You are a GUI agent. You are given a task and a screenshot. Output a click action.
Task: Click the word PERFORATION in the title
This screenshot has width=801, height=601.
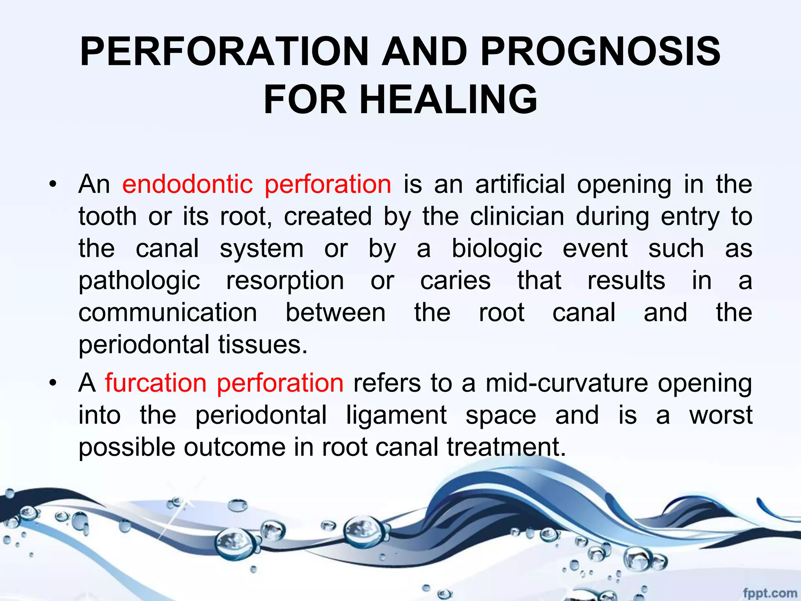(224, 51)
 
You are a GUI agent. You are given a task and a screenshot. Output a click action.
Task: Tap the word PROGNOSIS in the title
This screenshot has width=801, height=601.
(600, 51)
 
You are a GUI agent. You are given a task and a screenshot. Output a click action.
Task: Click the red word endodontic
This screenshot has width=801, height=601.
(187, 184)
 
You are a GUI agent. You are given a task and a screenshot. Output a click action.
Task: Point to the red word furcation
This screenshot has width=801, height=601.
(156, 383)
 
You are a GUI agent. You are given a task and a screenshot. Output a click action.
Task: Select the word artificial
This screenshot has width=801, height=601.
(520, 184)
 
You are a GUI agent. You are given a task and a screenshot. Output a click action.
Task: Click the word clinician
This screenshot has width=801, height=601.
(517, 216)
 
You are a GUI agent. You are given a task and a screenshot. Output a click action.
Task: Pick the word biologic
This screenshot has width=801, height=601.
(497, 249)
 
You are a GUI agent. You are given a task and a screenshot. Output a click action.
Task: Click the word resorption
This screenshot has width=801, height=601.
(285, 281)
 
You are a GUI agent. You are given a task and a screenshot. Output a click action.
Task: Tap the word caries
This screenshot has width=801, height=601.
(455, 281)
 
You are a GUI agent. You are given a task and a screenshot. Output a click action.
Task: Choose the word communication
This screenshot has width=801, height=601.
(168, 313)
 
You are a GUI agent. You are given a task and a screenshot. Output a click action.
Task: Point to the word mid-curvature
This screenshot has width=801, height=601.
(567, 383)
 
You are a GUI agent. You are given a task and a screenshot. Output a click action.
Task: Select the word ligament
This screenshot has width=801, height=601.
(396, 415)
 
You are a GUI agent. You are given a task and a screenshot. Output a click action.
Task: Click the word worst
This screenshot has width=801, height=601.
(720, 415)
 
